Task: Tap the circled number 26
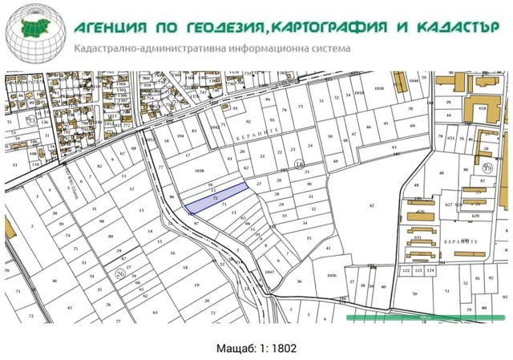tap(120, 273)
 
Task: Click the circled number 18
tap(299, 164)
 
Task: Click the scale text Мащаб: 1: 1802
tap(256, 349)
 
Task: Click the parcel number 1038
tap(200, 171)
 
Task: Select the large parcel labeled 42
tap(371, 206)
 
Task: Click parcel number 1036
tap(331, 275)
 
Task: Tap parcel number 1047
tap(269, 273)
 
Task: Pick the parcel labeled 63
tap(156, 312)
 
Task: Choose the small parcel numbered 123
tap(419, 271)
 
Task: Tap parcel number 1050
tap(380, 88)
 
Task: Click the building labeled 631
tap(418, 237)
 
